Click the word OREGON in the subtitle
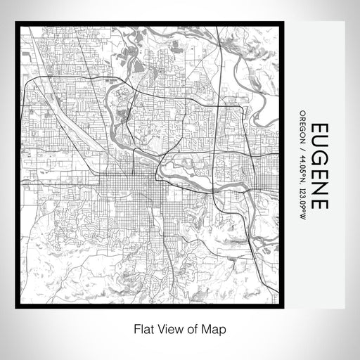[302, 126]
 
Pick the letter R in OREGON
[302, 118]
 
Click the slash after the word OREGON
[302, 145]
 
